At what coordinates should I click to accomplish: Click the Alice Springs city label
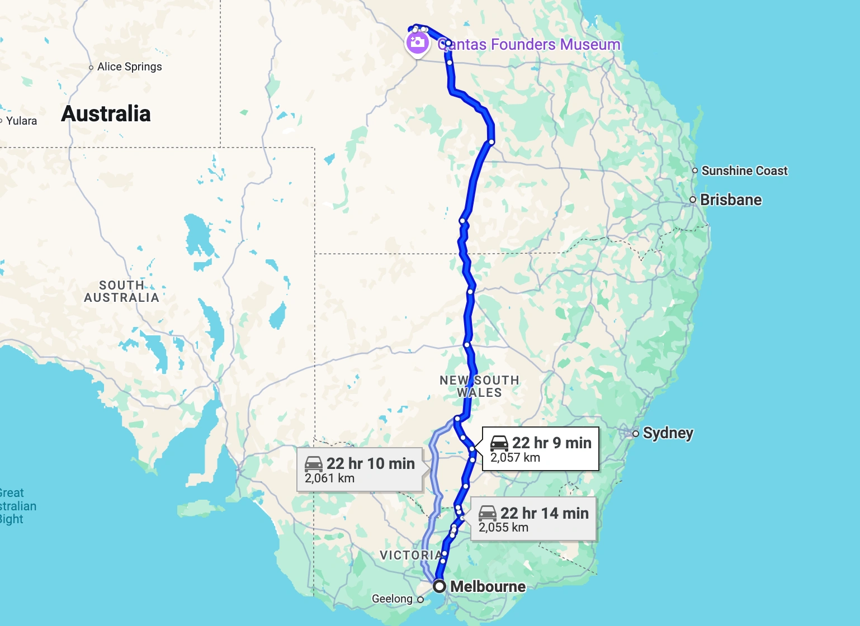[x=129, y=67]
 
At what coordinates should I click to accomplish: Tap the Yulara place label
[x=21, y=121]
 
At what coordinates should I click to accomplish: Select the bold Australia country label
[x=106, y=114]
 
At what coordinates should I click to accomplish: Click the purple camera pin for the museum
[x=417, y=42]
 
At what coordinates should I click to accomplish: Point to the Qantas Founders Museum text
[x=529, y=45]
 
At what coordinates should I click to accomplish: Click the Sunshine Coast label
[x=744, y=171]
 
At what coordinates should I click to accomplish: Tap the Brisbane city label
[x=730, y=200]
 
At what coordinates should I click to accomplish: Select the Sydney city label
[x=668, y=433]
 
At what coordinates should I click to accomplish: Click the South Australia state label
[x=121, y=291]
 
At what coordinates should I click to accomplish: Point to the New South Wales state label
[x=479, y=386]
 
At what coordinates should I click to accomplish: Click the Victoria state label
[x=410, y=555]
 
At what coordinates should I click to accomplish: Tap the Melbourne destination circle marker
[x=440, y=586]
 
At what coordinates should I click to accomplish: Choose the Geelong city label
[x=392, y=599]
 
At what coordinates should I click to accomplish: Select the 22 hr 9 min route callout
[x=540, y=449]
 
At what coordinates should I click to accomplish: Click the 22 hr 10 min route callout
[x=360, y=469]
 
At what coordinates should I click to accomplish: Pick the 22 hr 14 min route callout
[x=533, y=519]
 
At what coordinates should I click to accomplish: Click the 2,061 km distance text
[x=330, y=478]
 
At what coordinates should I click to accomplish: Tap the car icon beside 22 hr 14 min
[x=488, y=513]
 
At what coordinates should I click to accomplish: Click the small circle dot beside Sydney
[x=636, y=434]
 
